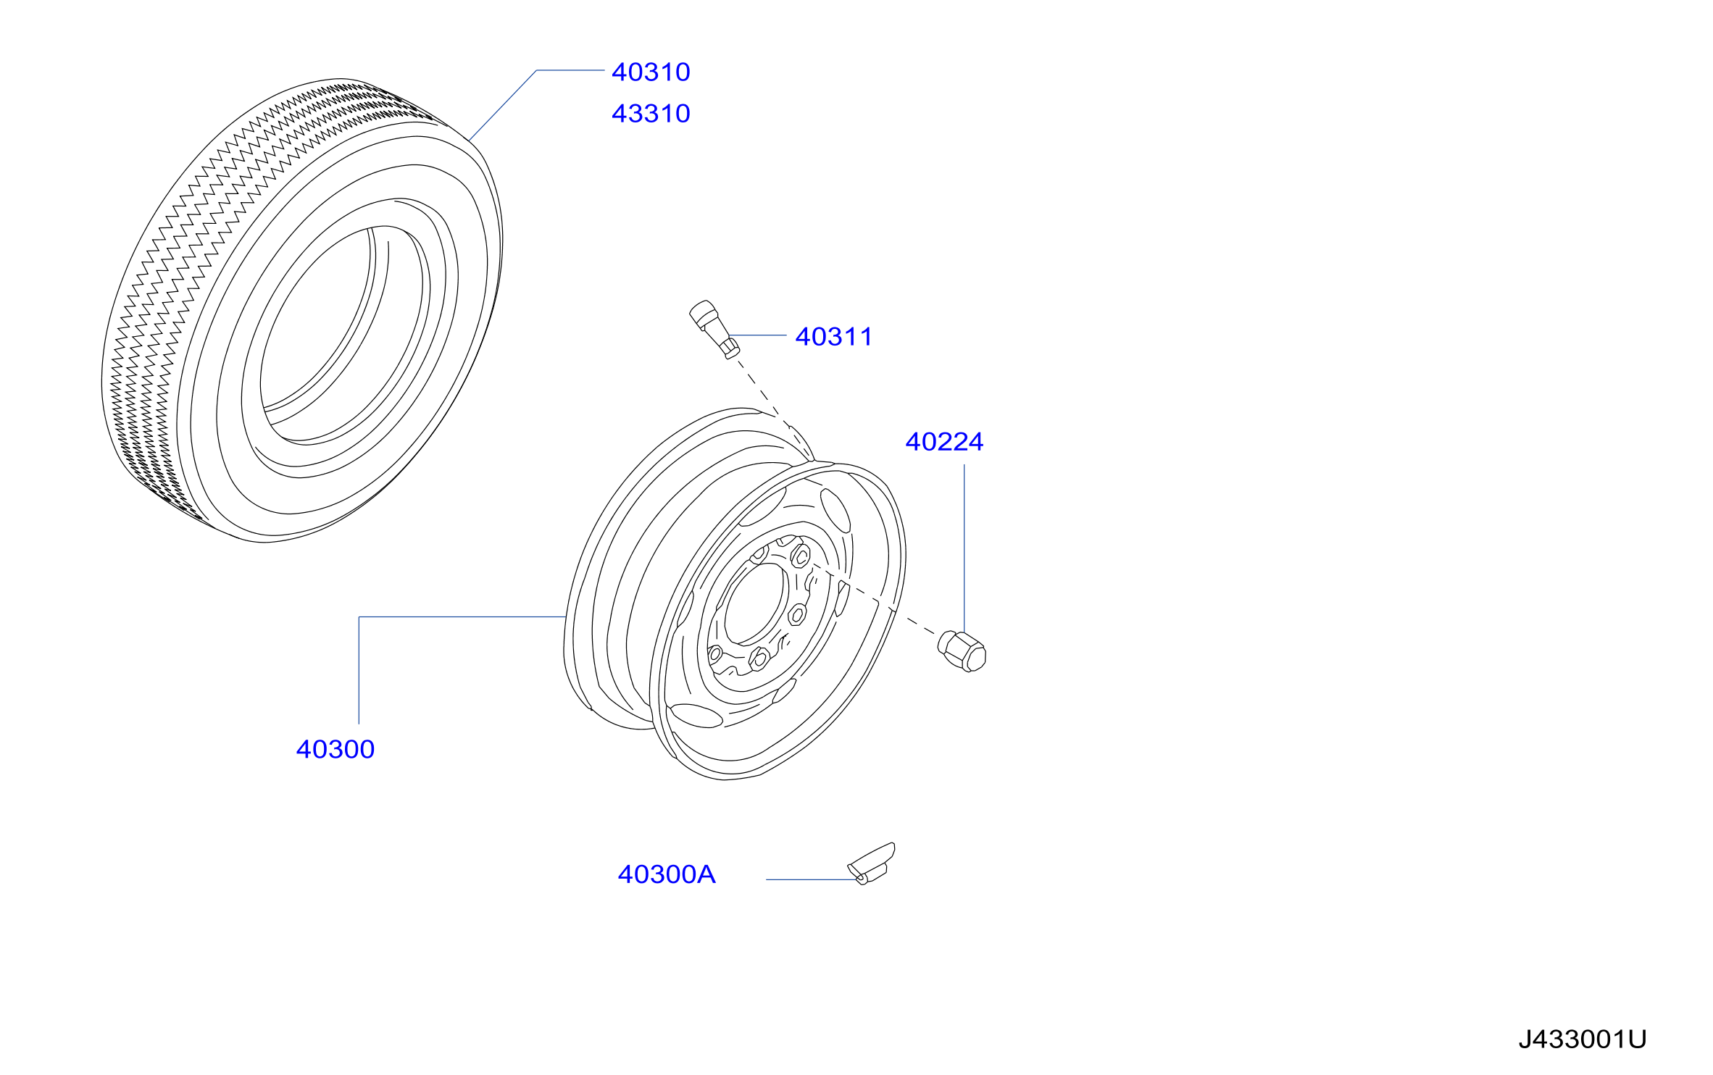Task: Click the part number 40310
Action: (651, 72)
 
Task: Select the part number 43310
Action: (651, 114)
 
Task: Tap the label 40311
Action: (834, 337)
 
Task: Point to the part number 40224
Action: (944, 442)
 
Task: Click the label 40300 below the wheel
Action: (335, 750)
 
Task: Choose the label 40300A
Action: (667, 875)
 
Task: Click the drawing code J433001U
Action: (1583, 1040)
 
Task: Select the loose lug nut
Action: (962, 651)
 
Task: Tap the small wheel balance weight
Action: (872, 863)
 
